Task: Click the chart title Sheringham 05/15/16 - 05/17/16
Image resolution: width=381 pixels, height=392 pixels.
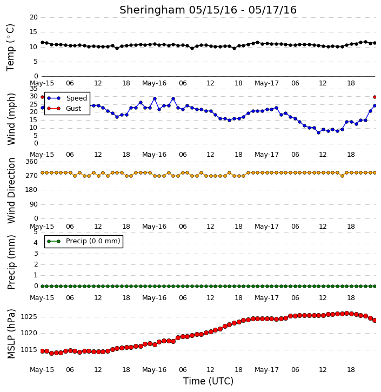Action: click(208, 10)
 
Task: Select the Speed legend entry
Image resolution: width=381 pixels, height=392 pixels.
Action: click(67, 98)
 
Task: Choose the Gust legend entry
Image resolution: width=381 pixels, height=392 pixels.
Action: click(64, 109)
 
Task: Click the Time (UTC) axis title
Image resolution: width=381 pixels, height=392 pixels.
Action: click(208, 381)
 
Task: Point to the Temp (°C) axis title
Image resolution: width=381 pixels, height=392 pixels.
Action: click(10, 48)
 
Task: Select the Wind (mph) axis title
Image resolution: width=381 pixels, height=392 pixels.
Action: click(11, 119)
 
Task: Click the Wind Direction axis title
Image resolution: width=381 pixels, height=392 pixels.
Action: click(11, 190)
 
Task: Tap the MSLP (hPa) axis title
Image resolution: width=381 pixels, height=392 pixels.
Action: click(11, 334)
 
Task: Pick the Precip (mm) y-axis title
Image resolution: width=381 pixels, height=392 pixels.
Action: click(11, 262)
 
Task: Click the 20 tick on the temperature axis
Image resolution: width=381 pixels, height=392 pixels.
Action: click(34, 17)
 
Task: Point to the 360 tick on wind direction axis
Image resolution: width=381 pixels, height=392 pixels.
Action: click(32, 162)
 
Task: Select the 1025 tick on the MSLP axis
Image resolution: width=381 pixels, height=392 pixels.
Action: click(29, 317)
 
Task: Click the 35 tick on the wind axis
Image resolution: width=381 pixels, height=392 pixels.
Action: click(34, 89)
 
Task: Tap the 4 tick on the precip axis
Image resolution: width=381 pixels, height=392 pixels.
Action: click(36, 243)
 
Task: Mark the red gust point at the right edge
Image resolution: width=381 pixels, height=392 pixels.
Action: click(375, 97)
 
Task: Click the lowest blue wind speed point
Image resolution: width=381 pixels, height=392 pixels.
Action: click(318, 133)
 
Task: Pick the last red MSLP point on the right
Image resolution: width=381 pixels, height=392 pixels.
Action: click(375, 320)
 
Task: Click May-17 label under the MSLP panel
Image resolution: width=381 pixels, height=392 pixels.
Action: click(266, 370)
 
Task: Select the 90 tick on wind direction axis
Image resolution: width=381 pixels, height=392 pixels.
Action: click(34, 204)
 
